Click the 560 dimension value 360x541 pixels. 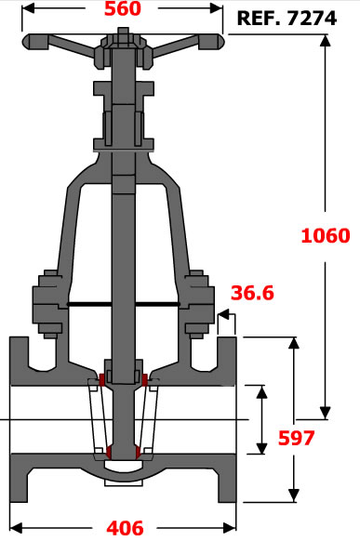[123, 8]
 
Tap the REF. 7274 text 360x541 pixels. [287, 19]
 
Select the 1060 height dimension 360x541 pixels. [326, 236]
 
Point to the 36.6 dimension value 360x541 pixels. [252, 293]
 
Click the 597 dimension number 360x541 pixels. [296, 438]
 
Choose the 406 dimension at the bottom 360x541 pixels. [125, 528]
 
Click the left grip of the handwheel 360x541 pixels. [35, 42]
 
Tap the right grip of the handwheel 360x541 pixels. [211, 42]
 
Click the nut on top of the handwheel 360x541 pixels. [123, 33]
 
